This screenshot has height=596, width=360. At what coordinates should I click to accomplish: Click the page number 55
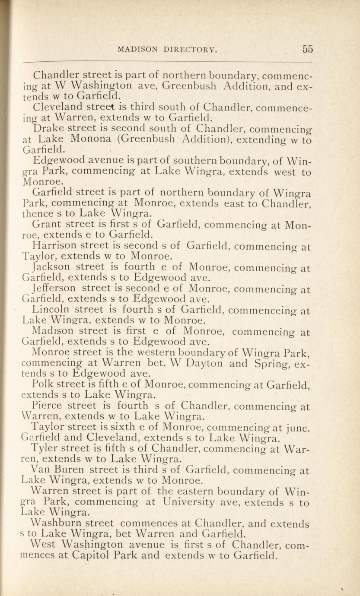[x=308, y=49]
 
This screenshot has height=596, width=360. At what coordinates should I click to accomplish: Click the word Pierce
[x=47, y=406]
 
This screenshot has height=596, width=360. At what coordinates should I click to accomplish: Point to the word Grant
[x=47, y=225]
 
